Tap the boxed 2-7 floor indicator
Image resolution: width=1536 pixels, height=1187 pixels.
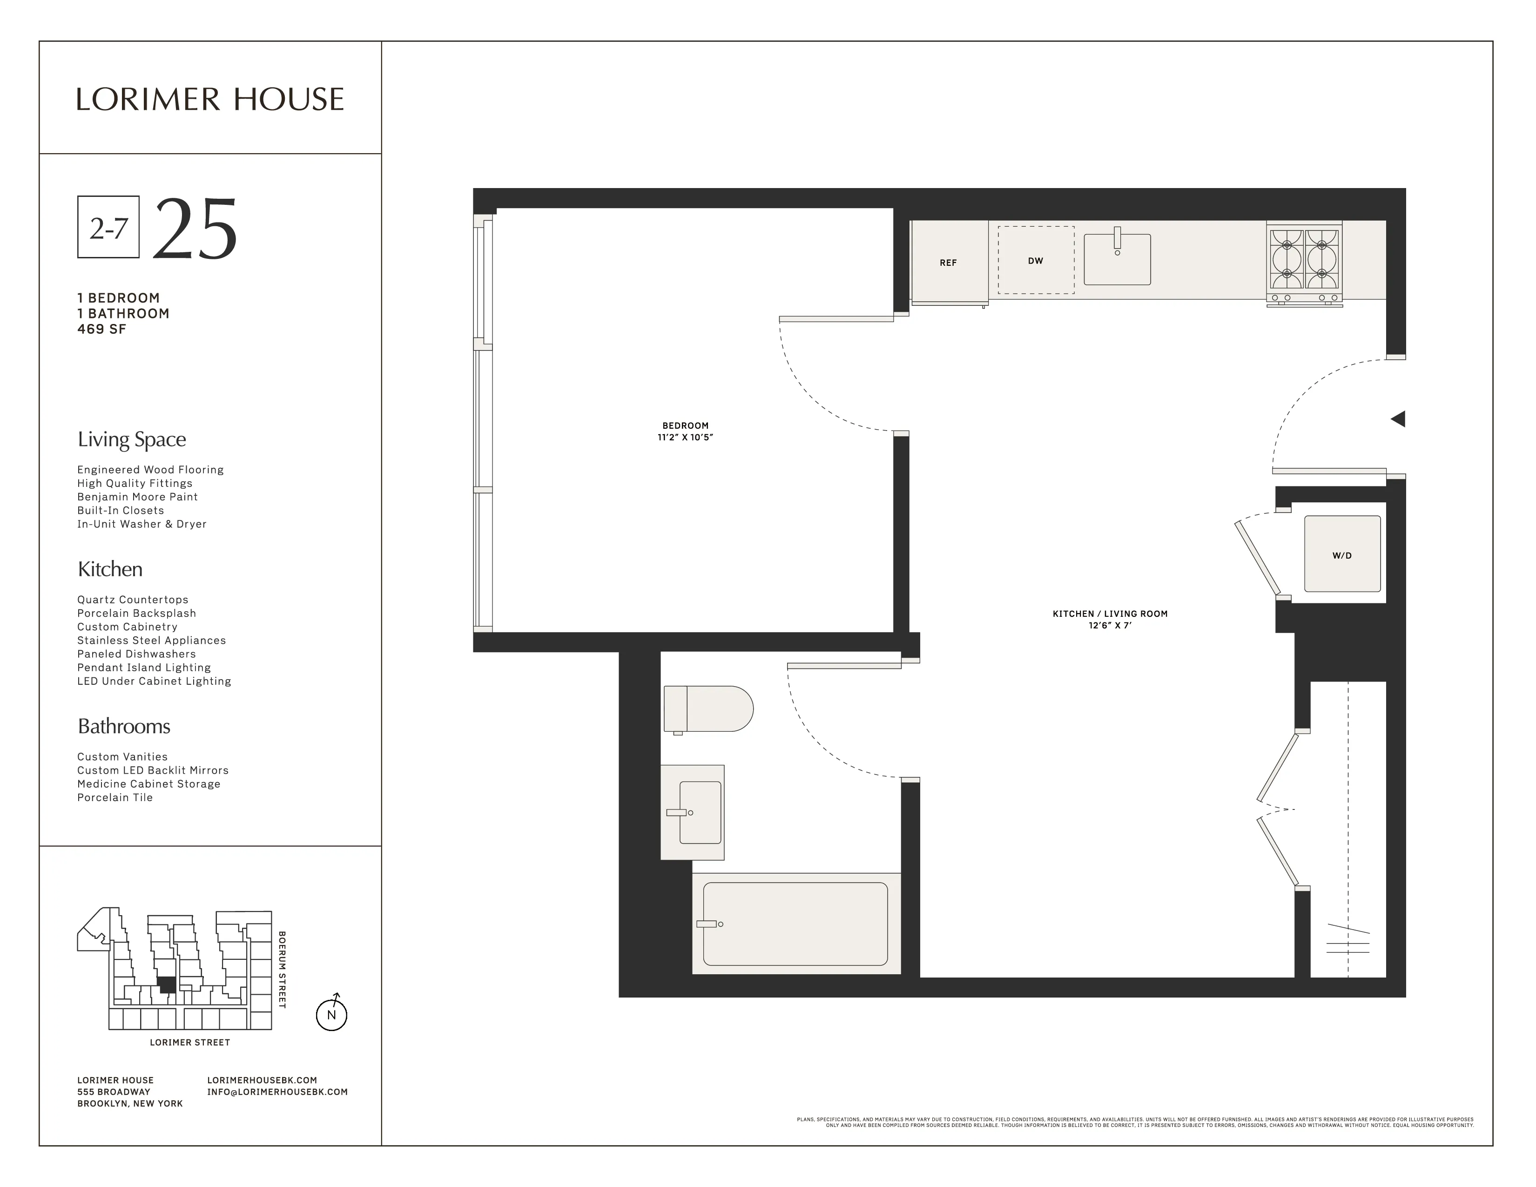coord(108,227)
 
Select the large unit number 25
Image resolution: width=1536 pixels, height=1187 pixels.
coord(195,229)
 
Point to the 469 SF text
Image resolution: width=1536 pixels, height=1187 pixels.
coord(102,329)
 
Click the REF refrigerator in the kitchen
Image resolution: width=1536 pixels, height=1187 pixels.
coord(948,262)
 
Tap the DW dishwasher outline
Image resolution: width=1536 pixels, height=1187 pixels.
coord(1035,260)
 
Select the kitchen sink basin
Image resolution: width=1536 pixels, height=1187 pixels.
coord(1117,260)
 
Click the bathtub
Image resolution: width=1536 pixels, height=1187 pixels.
coord(795,924)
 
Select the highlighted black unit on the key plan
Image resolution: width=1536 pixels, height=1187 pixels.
coord(167,985)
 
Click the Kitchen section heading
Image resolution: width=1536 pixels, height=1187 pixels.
coord(110,569)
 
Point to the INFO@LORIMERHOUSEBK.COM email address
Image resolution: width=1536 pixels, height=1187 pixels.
coord(277,1092)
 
